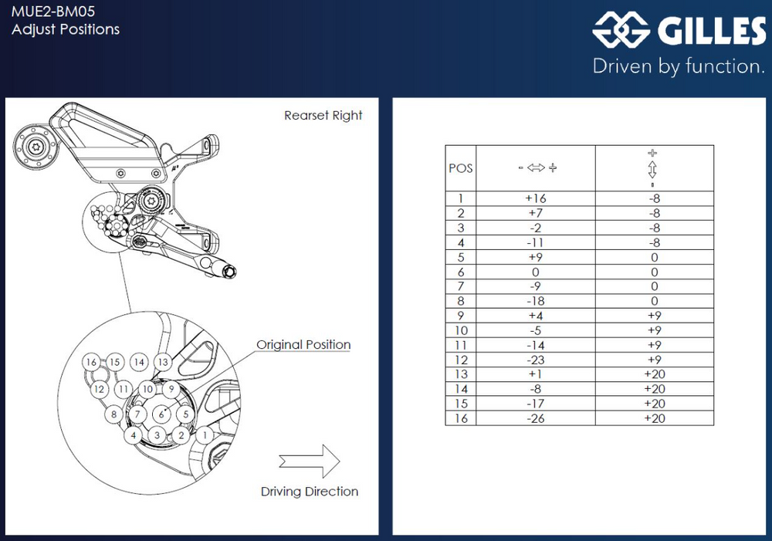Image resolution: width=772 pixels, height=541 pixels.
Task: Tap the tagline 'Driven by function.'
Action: click(678, 66)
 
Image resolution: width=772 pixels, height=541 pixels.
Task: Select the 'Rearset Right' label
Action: click(323, 116)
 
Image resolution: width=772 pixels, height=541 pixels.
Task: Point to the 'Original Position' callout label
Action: click(303, 345)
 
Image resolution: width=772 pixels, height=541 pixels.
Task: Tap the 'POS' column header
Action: click(461, 168)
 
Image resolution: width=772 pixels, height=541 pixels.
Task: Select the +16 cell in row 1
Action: click(536, 198)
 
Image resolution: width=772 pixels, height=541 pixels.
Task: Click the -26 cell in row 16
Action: click(536, 418)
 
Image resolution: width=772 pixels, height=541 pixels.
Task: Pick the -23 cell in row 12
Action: click(536, 360)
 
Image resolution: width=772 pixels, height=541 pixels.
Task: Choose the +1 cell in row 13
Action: click(536, 374)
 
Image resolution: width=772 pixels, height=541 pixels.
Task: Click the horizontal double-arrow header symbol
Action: click(536, 168)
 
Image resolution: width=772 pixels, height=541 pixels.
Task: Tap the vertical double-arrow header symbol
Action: click(653, 168)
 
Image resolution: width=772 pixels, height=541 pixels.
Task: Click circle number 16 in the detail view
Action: click(92, 362)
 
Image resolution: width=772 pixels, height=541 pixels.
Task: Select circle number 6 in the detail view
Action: click(161, 414)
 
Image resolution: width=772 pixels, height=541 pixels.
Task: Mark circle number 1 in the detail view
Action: click(205, 434)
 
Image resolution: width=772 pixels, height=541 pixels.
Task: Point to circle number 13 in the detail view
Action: click(162, 361)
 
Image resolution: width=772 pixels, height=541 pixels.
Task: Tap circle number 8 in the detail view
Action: click(114, 414)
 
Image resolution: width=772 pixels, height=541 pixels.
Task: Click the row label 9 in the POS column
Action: click(461, 316)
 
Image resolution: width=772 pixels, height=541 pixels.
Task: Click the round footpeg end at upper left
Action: click(35, 147)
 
